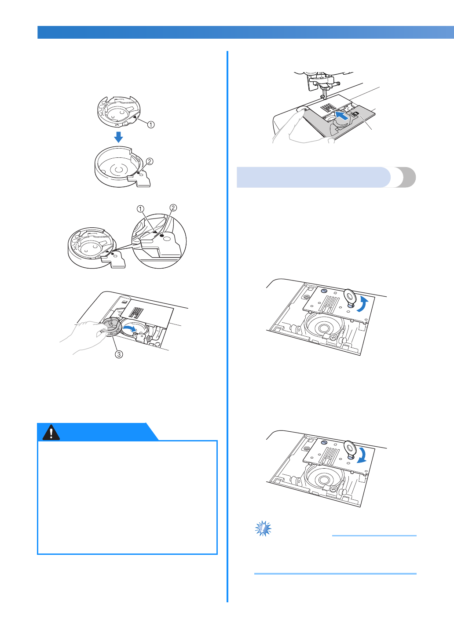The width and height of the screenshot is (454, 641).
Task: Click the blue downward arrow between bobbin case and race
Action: tap(118, 137)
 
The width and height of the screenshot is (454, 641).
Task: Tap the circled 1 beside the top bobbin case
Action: tap(151, 124)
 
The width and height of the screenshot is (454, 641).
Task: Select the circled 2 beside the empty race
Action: tap(150, 161)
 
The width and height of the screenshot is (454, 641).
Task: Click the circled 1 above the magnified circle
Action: tap(140, 209)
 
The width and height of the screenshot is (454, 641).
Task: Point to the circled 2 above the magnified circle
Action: tap(173, 208)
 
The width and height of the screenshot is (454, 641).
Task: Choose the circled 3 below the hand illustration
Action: tap(119, 354)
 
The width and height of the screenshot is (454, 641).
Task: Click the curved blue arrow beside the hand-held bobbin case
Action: tap(130, 328)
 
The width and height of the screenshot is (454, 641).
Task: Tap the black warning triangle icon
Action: tap(51, 432)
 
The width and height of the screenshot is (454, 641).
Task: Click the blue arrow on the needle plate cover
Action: tap(342, 116)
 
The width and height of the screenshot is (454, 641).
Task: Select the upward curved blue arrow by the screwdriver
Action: tap(365, 304)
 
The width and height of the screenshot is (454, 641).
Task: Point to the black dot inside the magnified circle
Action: tap(162, 235)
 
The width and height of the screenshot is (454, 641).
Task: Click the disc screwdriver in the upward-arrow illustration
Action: tap(350, 297)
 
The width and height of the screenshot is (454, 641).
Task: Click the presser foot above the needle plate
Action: tap(323, 83)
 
